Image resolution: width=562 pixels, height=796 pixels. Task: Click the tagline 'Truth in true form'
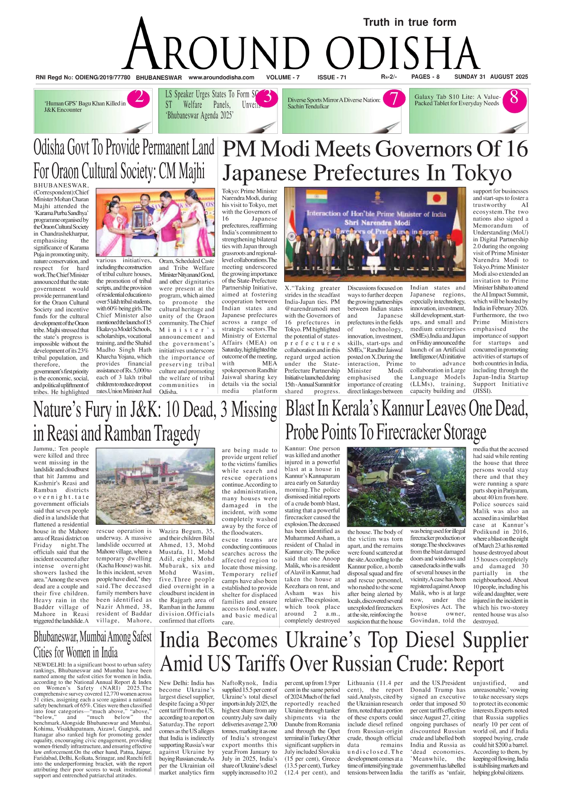(409, 22)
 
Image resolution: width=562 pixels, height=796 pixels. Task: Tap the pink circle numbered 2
(139, 98)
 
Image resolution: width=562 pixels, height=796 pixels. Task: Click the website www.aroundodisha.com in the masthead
(221, 78)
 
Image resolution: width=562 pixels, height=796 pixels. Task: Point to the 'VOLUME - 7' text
(283, 78)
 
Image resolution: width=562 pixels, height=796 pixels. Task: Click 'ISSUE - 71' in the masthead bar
(332, 78)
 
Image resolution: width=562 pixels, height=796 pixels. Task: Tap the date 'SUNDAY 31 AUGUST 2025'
(491, 77)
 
